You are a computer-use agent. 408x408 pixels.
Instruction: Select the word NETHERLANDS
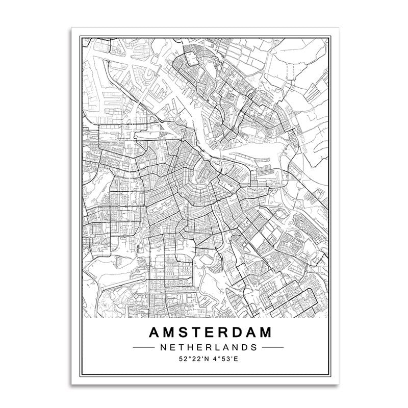[x=208, y=347]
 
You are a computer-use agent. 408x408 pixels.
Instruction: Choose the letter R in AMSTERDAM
[x=220, y=333]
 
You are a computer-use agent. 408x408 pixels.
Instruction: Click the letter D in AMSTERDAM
[x=235, y=333]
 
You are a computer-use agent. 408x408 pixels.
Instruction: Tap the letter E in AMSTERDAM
[x=207, y=333]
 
